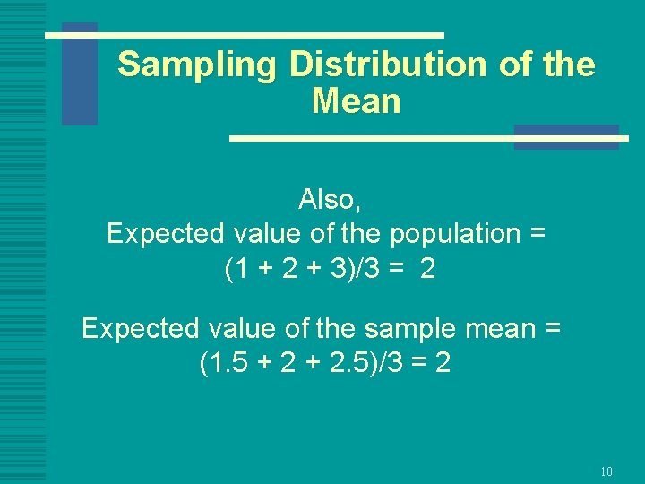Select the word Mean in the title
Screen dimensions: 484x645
point(356,101)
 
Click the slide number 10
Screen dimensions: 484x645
point(606,471)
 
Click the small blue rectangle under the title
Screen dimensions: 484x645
point(566,136)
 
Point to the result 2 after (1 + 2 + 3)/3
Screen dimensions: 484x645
point(427,269)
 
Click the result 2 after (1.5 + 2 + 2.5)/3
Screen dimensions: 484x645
point(442,364)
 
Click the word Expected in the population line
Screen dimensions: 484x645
point(165,234)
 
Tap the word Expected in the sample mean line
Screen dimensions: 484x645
point(140,329)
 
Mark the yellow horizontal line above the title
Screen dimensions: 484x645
point(244,35)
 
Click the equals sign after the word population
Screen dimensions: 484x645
point(537,234)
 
